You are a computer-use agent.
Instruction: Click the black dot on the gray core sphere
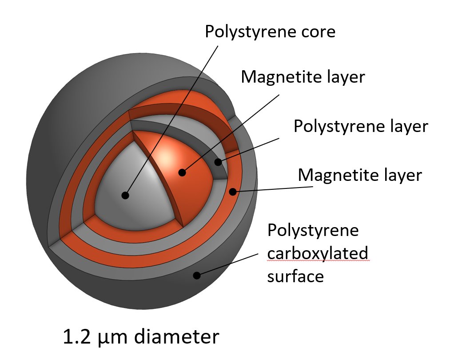click(x=125, y=195)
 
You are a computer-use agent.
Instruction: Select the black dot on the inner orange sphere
click(x=182, y=172)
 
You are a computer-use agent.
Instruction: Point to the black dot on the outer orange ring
click(x=232, y=192)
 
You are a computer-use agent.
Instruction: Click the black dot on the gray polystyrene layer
click(x=218, y=162)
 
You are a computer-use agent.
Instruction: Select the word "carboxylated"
click(x=318, y=254)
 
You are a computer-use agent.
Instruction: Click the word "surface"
click(x=295, y=276)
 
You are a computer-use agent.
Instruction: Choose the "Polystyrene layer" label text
click(x=360, y=127)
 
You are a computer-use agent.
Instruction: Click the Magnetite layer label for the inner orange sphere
click(x=303, y=77)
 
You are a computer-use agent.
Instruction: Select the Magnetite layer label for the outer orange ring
click(x=359, y=175)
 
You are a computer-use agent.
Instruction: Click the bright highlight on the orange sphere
click(x=166, y=156)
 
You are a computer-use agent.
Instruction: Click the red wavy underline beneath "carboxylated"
click(x=318, y=262)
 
